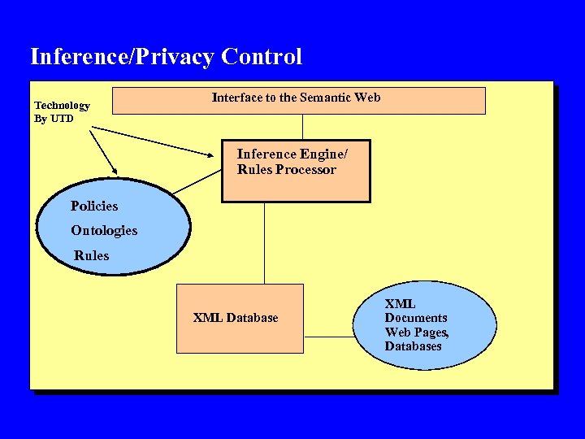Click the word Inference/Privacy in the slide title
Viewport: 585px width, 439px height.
[122, 57]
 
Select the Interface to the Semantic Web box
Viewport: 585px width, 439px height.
[297, 101]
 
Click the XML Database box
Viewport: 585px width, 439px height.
[240, 318]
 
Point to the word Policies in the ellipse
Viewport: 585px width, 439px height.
[94, 206]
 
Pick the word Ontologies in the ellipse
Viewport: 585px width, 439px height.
[104, 231]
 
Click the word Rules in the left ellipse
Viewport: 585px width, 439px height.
[91, 255]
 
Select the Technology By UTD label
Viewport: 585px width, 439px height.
[62, 112]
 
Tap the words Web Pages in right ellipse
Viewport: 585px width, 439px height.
[415, 333]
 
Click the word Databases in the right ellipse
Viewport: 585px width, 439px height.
[414, 346]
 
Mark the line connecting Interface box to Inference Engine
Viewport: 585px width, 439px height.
[303, 127]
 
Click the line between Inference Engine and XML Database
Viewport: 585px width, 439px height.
[264, 242]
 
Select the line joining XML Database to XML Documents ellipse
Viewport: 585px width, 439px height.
[327, 336]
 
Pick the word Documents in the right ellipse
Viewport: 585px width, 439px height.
[416, 318]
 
